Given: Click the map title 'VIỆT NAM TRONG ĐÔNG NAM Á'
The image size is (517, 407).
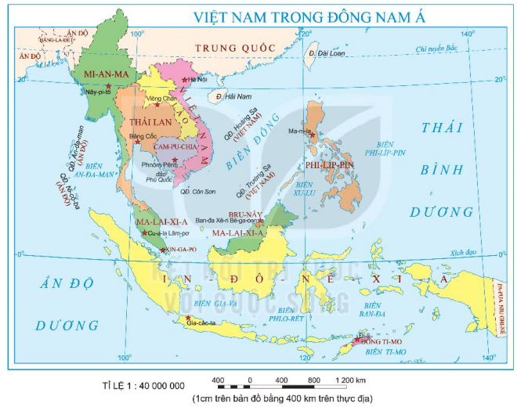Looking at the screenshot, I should (x=311, y=17).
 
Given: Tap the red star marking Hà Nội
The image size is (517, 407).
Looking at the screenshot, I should (x=184, y=80).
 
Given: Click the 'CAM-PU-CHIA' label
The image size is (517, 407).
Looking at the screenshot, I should (x=178, y=147).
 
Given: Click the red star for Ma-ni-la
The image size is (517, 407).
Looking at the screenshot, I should (x=313, y=135).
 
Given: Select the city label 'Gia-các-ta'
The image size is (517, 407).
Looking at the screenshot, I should (x=201, y=323).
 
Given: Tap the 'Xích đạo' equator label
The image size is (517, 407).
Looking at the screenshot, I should (x=462, y=253).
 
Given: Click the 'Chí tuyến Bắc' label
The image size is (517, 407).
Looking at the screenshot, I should (x=436, y=49).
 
